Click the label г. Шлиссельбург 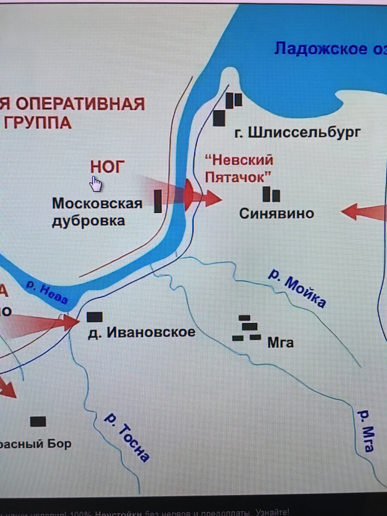[297, 132]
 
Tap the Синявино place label [276, 213]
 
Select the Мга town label [280, 343]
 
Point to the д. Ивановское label [141, 332]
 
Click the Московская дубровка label [97, 212]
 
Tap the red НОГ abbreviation [107, 166]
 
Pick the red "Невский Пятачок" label [239, 169]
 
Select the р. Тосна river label [127, 443]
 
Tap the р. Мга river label [365, 430]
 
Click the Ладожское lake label [327, 49]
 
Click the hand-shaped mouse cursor [95, 184]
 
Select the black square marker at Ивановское [95, 317]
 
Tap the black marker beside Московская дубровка [158, 201]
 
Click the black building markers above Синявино [271, 194]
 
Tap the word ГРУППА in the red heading [37, 123]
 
